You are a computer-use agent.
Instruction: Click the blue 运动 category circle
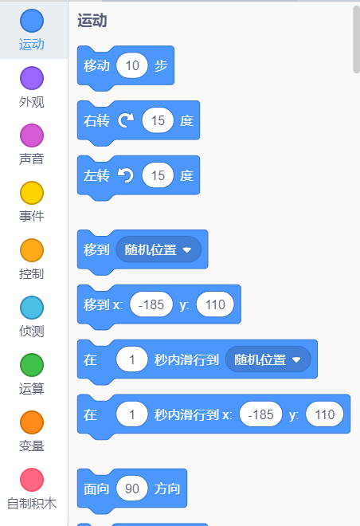coord(32,21)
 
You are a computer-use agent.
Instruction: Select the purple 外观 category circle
coord(32,78)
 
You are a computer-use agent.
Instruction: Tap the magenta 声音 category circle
coord(32,135)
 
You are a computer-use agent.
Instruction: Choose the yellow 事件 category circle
coord(32,193)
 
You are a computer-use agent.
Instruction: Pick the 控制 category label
coord(32,273)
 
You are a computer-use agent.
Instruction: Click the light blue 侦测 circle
coord(32,308)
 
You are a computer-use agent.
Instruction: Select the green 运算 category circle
coord(32,365)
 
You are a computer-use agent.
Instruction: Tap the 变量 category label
coord(32,446)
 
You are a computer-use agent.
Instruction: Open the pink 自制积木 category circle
coord(32,480)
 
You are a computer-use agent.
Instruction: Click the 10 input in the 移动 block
coord(132,65)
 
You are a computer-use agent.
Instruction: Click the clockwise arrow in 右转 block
coord(126,120)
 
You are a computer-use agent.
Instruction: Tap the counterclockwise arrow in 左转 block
coord(126,175)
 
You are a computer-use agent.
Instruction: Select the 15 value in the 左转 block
coord(158,175)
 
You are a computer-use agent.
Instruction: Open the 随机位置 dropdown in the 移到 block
coord(158,249)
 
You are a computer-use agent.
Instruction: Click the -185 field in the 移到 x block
coord(151,304)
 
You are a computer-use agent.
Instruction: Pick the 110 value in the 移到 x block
coord(215,304)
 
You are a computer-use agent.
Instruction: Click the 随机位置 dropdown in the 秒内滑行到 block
coord(268,359)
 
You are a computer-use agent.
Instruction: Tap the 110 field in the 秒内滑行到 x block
coord(324,414)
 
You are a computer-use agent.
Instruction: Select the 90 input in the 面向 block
coord(132,489)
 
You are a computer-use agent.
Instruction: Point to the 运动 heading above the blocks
coord(92,21)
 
